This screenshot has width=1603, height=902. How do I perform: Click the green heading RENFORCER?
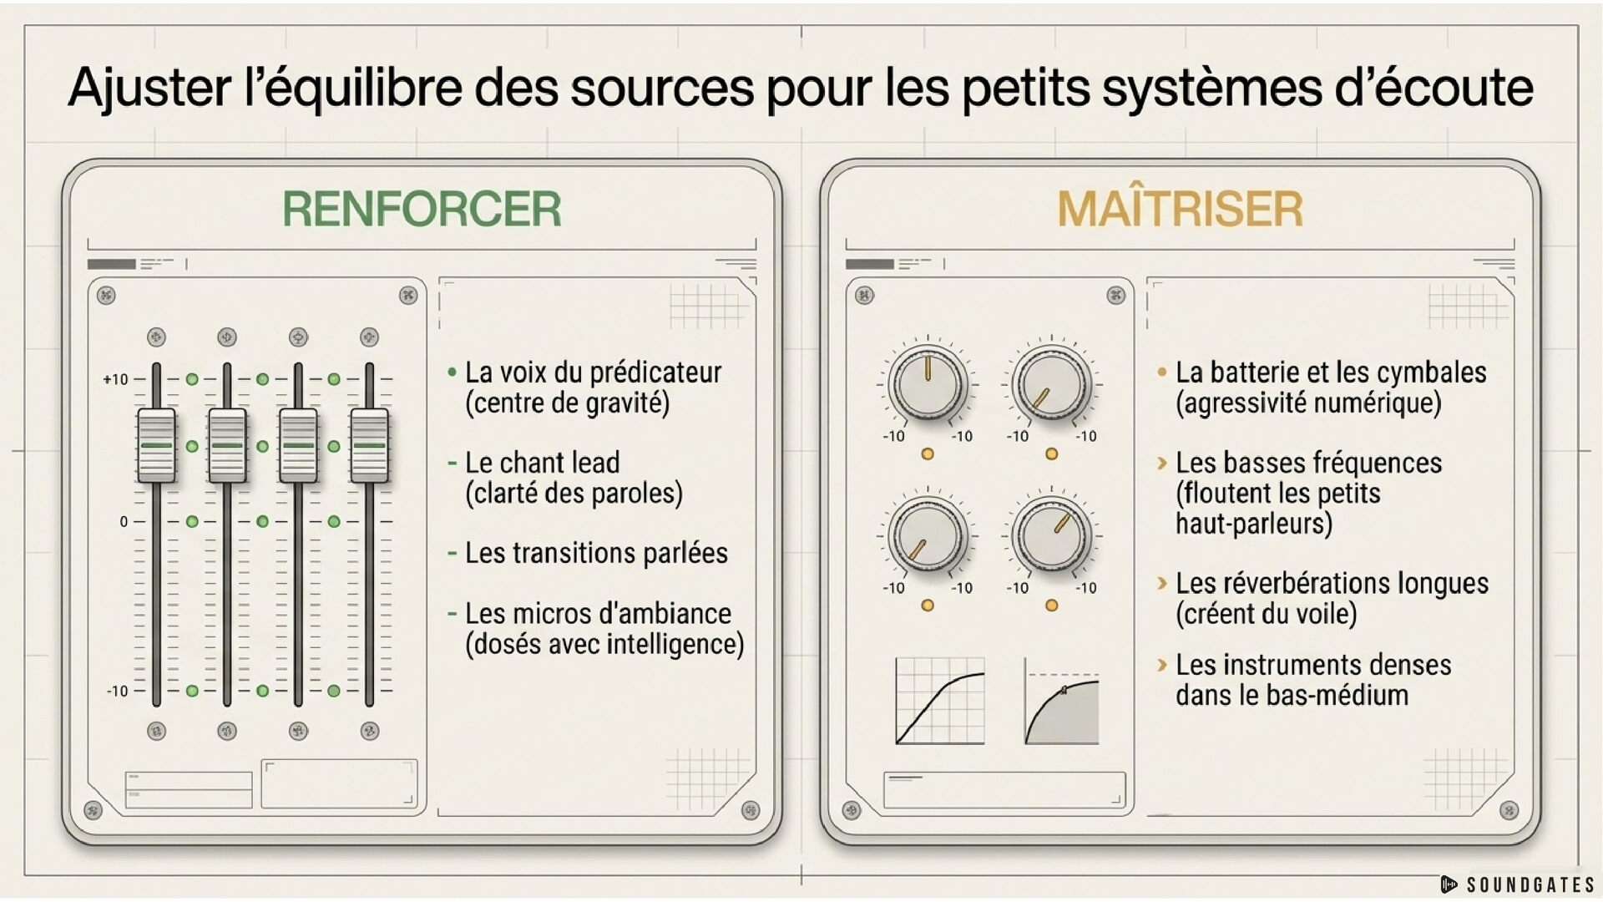click(x=422, y=209)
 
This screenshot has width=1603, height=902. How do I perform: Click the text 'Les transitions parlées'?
click(x=596, y=553)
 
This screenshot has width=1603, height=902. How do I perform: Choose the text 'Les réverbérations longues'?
click(x=1332, y=583)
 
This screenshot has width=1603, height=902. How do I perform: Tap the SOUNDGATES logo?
click(x=1518, y=884)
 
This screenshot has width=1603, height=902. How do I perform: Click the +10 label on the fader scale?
click(x=115, y=379)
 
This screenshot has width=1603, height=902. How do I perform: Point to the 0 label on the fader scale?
click(x=124, y=522)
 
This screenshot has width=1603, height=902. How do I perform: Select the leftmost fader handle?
click(x=156, y=445)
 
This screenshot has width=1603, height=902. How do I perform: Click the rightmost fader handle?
click(x=369, y=445)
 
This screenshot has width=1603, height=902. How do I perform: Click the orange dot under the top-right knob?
click(x=1052, y=454)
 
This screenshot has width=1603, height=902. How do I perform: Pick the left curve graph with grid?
click(x=940, y=701)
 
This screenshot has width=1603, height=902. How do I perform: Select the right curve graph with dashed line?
click(x=1062, y=701)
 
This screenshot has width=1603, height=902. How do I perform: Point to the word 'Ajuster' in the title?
click(x=150, y=88)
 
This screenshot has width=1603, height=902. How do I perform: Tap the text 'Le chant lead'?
click(x=542, y=463)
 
